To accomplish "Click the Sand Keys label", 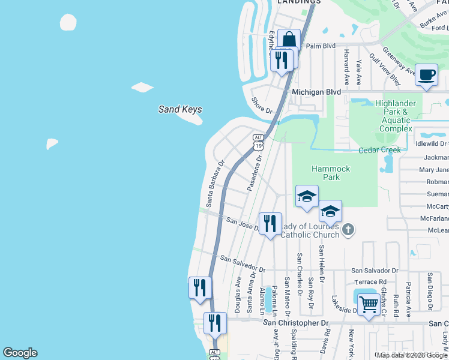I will coord(180,109).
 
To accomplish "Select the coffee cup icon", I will coord(427,76).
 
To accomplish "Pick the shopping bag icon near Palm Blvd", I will coord(289,41).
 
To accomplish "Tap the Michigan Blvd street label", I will coord(316,92).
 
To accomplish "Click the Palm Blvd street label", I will coord(320,45).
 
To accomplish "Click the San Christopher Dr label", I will coord(297,323).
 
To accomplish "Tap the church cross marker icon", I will coord(348,229).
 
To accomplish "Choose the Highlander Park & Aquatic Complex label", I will coord(396,116).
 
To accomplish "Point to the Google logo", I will coord(20,353).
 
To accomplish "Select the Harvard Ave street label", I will coord(346,65).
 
